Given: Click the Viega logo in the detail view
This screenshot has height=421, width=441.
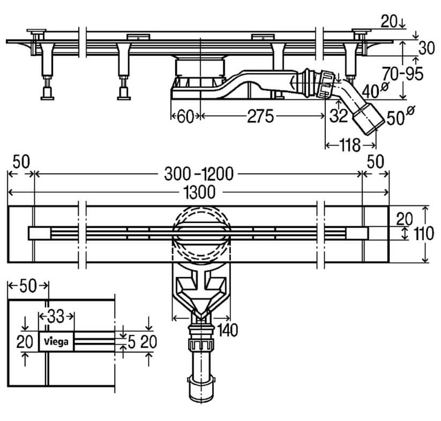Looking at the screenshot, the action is [x=56, y=341].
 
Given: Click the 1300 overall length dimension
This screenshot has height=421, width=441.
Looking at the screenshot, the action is [x=199, y=193].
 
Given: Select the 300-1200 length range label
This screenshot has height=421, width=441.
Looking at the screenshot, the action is [x=199, y=174].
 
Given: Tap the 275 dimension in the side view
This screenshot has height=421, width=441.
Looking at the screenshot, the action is [x=260, y=116].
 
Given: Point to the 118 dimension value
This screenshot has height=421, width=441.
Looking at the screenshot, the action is [x=349, y=145].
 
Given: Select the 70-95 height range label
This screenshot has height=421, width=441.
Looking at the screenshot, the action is [x=403, y=74].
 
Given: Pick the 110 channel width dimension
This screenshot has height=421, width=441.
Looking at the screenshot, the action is [x=424, y=234].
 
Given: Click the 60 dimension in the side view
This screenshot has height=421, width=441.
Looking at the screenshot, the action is [x=185, y=116].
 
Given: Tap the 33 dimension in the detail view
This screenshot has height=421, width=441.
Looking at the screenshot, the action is [x=56, y=316].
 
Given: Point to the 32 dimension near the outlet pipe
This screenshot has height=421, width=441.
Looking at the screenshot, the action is [x=339, y=116].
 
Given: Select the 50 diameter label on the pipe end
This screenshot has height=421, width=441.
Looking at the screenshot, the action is [x=400, y=116].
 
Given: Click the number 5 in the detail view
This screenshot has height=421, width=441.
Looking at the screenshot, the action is [x=132, y=342].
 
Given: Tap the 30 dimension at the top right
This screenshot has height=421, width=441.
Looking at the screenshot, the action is [x=427, y=48].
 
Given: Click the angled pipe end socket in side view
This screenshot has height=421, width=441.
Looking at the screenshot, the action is [x=368, y=119].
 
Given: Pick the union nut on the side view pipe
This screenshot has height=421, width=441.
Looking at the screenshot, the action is [x=327, y=85].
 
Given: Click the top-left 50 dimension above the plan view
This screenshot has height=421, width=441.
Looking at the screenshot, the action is [x=21, y=162].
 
